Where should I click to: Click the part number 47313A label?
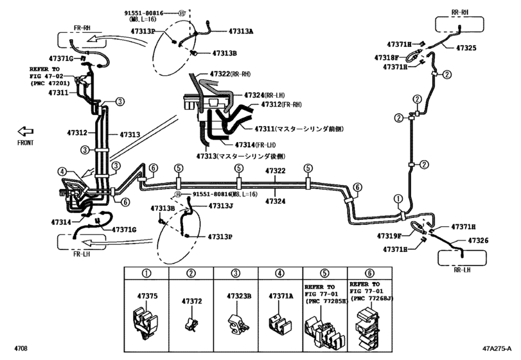click(242, 31)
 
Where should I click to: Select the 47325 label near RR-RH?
click(466, 48)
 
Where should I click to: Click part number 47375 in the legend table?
click(146, 296)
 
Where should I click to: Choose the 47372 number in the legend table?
click(191, 301)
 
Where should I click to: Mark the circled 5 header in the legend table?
click(324, 274)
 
